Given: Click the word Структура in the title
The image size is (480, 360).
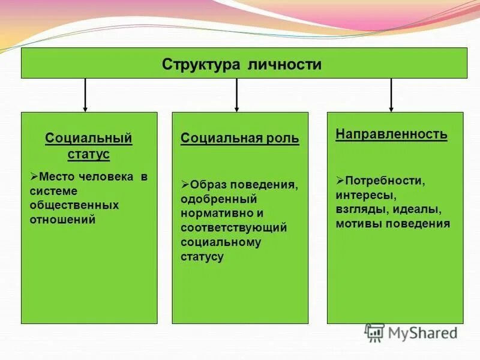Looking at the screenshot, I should pos(202,64).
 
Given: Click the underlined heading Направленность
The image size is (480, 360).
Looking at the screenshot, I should pos(391,134).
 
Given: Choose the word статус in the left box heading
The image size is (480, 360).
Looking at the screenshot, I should pos(89,154).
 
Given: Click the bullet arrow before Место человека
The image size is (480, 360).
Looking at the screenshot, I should pos(34,176).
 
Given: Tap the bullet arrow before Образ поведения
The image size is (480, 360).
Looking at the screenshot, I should pos(185,183).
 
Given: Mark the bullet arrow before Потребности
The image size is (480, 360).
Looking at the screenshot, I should pos(340,180).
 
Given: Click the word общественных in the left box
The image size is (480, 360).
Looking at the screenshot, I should pos(74,205).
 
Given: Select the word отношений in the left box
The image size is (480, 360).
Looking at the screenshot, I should pos(63,220).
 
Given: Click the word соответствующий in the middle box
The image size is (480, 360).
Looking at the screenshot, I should pos(234,228).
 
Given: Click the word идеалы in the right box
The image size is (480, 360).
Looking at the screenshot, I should pos(417,210).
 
